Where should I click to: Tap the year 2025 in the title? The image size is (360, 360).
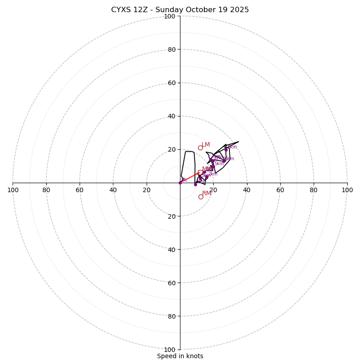[x=238, y=10]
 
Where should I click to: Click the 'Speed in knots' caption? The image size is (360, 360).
[x=180, y=356]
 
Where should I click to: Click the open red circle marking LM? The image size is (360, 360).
[x=200, y=148]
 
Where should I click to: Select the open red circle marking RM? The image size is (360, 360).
[x=201, y=197]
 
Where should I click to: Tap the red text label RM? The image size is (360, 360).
[x=207, y=193]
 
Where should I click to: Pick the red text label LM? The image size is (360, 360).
[x=206, y=144]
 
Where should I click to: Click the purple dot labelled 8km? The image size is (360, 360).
[x=226, y=149]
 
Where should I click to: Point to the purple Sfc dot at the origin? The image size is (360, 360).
[x=180, y=183]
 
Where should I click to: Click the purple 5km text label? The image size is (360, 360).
[x=219, y=163]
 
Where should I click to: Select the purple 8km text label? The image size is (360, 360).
[x=232, y=147]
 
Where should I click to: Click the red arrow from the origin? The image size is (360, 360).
[x=189, y=178]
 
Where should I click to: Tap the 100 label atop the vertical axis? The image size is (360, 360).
[x=170, y=16]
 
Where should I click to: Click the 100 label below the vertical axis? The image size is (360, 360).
[x=170, y=349]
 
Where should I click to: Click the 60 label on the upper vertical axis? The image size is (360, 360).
[x=171, y=83]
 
